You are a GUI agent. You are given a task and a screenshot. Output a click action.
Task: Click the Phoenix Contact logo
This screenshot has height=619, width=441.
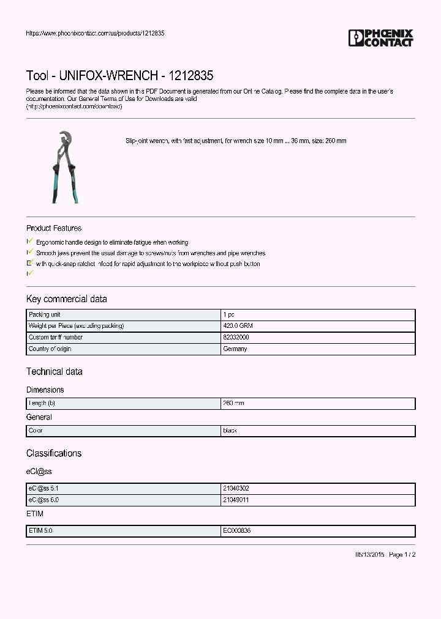click(x=380, y=38)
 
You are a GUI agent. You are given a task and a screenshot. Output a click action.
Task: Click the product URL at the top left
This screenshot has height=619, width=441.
click(x=95, y=33)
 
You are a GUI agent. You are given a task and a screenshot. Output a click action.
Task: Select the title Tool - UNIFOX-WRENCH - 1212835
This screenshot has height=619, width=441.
click(x=119, y=76)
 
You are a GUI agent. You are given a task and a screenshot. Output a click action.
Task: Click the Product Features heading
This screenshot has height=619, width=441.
click(x=54, y=228)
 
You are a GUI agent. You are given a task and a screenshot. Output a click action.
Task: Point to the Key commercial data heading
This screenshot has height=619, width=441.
click(x=66, y=299)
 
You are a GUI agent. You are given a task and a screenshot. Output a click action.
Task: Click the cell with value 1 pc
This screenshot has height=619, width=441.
click(x=228, y=314)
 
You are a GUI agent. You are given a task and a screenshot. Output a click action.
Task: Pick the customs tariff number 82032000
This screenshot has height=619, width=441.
click(x=236, y=338)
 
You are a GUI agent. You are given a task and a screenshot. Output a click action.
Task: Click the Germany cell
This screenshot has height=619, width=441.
click(x=235, y=349)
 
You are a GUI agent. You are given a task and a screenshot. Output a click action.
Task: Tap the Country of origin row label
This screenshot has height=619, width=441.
click(x=50, y=349)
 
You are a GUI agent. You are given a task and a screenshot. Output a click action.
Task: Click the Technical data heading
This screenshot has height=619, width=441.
click(x=54, y=372)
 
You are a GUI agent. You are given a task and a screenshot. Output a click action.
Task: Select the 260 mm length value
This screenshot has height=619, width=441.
click(x=233, y=403)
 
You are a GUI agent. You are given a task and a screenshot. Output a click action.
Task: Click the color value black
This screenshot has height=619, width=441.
click(x=230, y=431)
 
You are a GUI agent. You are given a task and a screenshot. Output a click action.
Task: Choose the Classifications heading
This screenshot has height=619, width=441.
click(x=54, y=453)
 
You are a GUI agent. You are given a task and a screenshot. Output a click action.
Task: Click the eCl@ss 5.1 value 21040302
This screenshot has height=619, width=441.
click(x=236, y=489)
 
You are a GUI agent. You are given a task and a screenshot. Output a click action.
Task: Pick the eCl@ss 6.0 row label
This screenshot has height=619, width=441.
click(x=43, y=500)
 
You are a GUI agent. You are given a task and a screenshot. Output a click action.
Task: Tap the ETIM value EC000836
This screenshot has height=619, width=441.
click(x=236, y=531)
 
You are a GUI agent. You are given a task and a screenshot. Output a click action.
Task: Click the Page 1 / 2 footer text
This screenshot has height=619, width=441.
click(x=402, y=554)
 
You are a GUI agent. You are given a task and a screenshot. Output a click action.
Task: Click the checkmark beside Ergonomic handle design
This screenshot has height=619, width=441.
click(x=30, y=242)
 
